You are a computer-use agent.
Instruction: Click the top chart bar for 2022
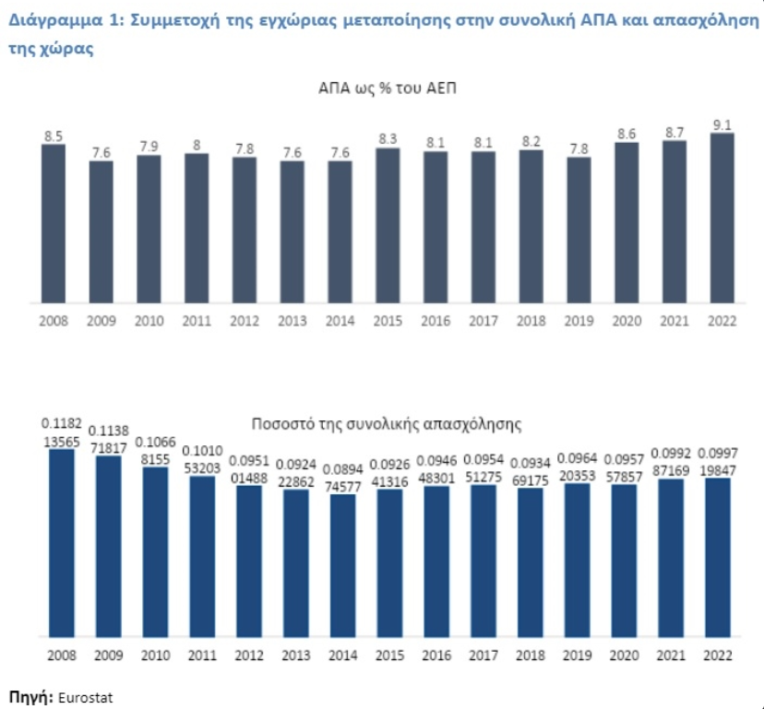722,219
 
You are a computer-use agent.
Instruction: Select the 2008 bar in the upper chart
54,224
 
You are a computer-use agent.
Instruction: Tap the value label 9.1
722,125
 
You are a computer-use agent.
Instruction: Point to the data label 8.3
388,139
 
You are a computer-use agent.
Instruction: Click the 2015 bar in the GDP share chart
388,226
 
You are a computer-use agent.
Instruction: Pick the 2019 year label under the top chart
579,321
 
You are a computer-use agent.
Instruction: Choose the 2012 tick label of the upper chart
245,321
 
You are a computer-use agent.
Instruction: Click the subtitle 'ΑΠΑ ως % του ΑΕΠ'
388,89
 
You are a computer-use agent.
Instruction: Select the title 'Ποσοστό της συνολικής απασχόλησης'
387,424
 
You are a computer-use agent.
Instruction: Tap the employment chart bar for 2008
62,543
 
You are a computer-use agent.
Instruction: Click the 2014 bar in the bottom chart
343,566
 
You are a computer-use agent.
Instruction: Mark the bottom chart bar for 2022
718,558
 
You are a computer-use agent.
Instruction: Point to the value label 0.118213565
62,432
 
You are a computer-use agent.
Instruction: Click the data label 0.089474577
343,478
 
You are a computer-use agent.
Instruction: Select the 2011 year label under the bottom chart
202,656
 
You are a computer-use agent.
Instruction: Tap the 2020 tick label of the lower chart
624,656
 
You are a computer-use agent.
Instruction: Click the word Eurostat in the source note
85,697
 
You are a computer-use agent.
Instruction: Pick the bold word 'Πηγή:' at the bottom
31,697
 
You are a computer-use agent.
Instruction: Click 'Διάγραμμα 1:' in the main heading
65,20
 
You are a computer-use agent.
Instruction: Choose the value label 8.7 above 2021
674,133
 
